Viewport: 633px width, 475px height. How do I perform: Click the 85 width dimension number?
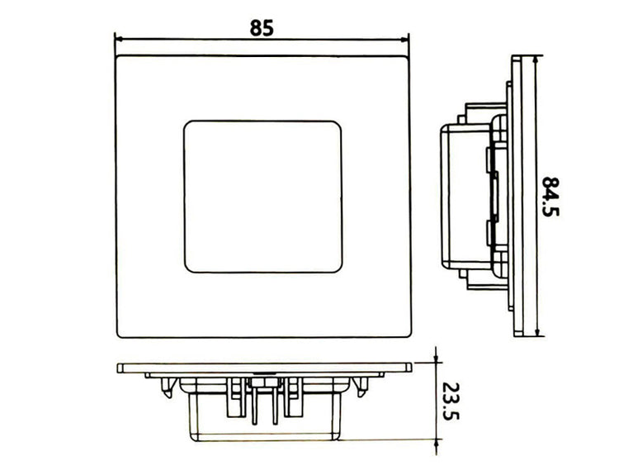[x=262, y=26]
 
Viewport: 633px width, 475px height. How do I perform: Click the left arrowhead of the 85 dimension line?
[x=118, y=38]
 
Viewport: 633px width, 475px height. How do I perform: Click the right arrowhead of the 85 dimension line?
[x=405, y=38]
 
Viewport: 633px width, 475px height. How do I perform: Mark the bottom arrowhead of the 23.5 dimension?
[x=434, y=437]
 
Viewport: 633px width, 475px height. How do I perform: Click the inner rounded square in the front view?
[x=262, y=196]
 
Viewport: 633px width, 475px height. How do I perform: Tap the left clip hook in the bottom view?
[x=169, y=384]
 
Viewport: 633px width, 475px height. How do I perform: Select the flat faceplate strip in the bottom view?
[x=263, y=367]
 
